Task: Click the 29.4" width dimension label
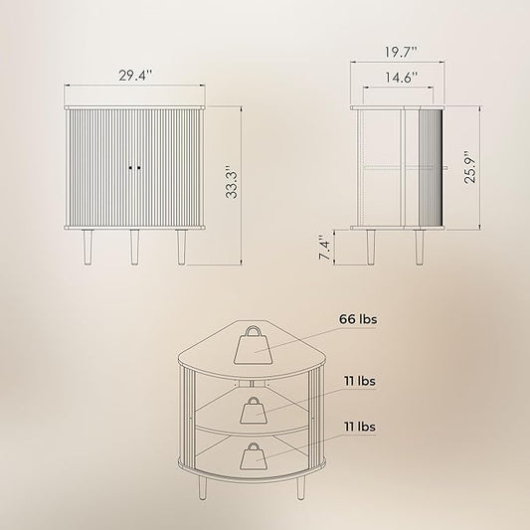click(x=135, y=76)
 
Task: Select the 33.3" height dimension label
click(x=232, y=183)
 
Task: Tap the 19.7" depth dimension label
click(x=401, y=52)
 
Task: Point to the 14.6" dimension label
click(x=402, y=78)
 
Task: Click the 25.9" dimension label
click(x=469, y=167)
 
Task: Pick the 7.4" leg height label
click(x=324, y=249)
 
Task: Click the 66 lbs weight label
click(x=358, y=319)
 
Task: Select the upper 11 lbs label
click(x=360, y=381)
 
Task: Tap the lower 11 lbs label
click(x=360, y=427)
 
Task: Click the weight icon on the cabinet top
click(x=253, y=345)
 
